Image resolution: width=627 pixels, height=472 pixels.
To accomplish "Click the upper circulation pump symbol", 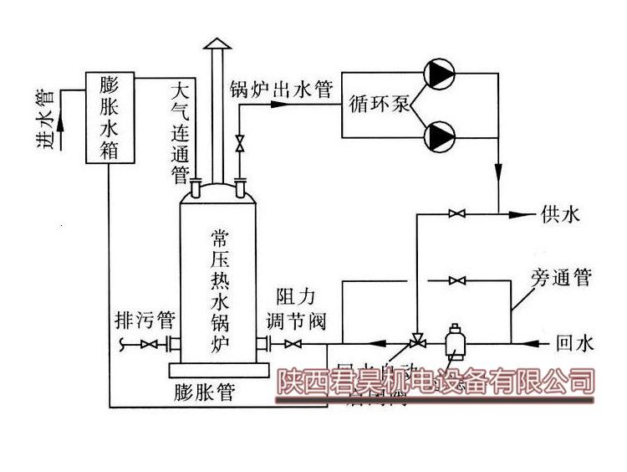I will pos(438,74).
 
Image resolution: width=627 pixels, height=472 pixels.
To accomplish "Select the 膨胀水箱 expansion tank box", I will pos(109,116).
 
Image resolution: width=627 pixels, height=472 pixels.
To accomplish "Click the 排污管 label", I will pos(145,320).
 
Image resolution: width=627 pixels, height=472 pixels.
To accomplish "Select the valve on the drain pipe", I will pos(150,344).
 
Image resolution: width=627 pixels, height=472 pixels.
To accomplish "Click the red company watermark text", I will pos(435,383).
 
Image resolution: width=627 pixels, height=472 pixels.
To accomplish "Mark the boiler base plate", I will pos(219,369).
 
